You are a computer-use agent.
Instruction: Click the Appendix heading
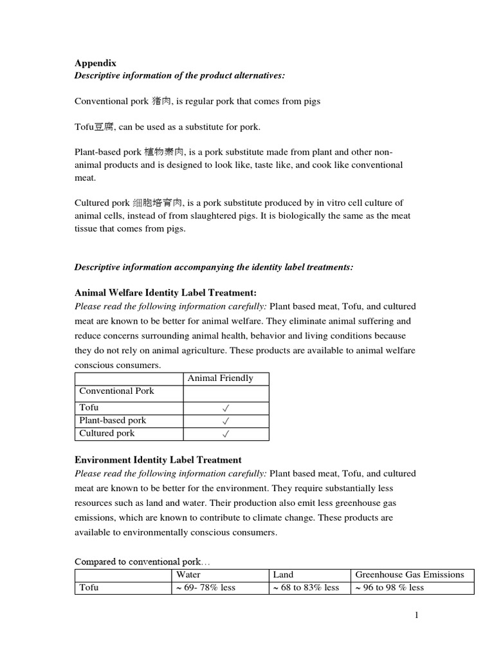pyautogui.click(x=93, y=63)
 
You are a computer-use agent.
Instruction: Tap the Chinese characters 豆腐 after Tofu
pyautogui.click(x=104, y=127)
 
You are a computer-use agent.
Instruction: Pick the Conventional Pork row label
pyautogui.click(x=116, y=391)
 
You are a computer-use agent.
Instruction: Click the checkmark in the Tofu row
pyautogui.click(x=226, y=408)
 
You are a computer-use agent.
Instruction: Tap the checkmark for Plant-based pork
pyautogui.click(x=226, y=421)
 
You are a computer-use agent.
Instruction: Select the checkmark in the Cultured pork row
pyautogui.click(x=226, y=434)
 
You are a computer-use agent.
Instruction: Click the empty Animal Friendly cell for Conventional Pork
pyautogui.click(x=226, y=393)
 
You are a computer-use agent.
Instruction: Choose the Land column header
pyautogui.click(x=283, y=575)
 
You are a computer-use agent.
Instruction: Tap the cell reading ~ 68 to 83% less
pyautogui.click(x=306, y=588)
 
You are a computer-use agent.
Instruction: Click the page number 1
pyautogui.click(x=416, y=615)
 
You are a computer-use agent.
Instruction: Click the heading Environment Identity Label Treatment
pyautogui.click(x=158, y=460)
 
